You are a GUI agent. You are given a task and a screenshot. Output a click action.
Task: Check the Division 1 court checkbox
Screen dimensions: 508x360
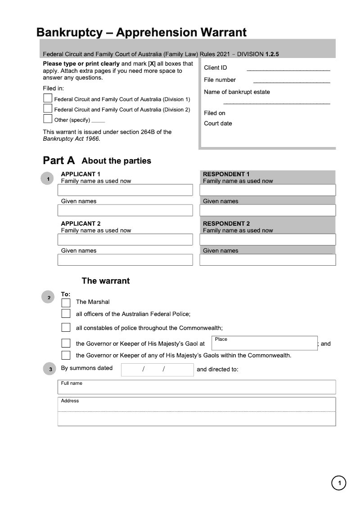click(48, 98)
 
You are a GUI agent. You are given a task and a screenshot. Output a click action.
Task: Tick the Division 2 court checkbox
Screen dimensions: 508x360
click(48, 108)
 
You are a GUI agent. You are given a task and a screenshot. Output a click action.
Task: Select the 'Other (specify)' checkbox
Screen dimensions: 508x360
click(48, 119)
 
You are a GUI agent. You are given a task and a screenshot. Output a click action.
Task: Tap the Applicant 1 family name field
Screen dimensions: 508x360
click(125, 190)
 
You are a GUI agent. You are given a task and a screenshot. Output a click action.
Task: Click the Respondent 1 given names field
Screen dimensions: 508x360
click(267, 210)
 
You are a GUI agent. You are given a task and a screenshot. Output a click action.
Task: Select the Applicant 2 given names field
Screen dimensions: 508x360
click(125, 260)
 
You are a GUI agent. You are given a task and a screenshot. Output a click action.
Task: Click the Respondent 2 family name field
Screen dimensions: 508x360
click(267, 240)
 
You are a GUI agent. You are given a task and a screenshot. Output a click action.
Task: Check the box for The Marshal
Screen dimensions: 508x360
click(66, 302)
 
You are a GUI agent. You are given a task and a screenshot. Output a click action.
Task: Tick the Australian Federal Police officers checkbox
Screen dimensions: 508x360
click(66, 313)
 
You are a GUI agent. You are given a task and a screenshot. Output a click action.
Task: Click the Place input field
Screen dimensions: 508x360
click(264, 343)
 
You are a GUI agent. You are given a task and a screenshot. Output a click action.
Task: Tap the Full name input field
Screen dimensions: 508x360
click(197, 387)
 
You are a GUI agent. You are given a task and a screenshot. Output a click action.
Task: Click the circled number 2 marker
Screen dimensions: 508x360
click(49, 298)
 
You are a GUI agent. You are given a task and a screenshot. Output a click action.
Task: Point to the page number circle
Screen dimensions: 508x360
click(339, 483)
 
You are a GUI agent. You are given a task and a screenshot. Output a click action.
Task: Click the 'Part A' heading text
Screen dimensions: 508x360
click(58, 160)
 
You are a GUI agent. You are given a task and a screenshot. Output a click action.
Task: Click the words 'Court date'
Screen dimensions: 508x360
click(218, 124)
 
